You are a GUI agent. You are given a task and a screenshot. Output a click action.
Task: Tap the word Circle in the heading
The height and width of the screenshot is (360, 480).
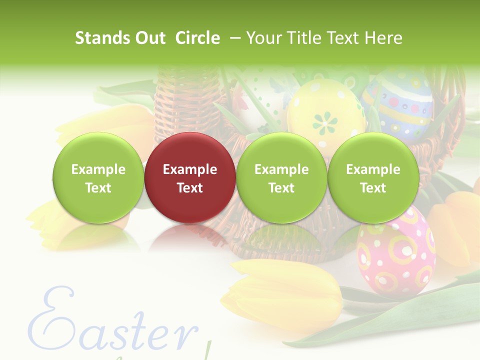click(197, 38)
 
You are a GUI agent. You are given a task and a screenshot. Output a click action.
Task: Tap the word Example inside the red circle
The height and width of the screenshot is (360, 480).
click(190, 169)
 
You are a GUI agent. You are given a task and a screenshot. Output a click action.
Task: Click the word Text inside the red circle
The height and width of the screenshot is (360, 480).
click(190, 188)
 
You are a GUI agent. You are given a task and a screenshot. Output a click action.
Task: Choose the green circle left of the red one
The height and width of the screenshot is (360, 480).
click(98, 177)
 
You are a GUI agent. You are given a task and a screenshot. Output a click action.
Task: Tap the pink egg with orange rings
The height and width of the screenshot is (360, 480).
click(396, 250)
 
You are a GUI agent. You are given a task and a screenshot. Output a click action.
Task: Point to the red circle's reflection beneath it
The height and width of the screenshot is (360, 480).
click(190, 235)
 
